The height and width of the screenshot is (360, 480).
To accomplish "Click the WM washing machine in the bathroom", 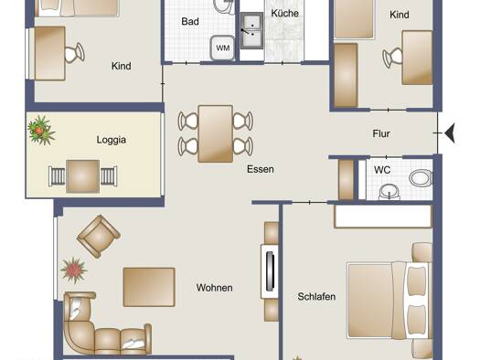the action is coord(222,48).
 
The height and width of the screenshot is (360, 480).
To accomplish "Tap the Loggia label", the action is coord(112,140).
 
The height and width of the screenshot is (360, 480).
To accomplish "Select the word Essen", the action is coord(261,169).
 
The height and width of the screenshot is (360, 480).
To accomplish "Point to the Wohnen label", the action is coord(214,288).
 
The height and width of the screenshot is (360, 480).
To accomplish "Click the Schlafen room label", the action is coord(316,296).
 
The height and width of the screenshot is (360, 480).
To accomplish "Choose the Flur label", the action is coord(381,133).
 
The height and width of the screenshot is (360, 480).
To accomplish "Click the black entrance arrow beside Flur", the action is coord(450,133).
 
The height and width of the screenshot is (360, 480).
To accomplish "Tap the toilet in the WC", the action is coord(421,178).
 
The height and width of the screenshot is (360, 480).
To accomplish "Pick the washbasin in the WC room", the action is coord(389,192).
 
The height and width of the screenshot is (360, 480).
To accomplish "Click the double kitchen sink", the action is coord(251,30).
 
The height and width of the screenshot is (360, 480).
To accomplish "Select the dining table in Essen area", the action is coord(216,133).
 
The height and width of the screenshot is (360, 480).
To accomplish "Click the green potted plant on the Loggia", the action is coord(41,131).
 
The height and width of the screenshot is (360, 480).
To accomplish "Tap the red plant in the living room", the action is coord(73,270).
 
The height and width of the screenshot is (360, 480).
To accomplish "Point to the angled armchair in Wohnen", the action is coord(99,236).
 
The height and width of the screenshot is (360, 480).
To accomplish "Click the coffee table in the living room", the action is coord(149,287).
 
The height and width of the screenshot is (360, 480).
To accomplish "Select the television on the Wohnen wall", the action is coord(270,271).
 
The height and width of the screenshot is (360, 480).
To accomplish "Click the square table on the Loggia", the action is coord(82,176).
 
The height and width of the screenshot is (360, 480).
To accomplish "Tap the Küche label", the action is coord(284,13).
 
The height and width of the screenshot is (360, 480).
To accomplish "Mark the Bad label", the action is coord(190,21).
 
